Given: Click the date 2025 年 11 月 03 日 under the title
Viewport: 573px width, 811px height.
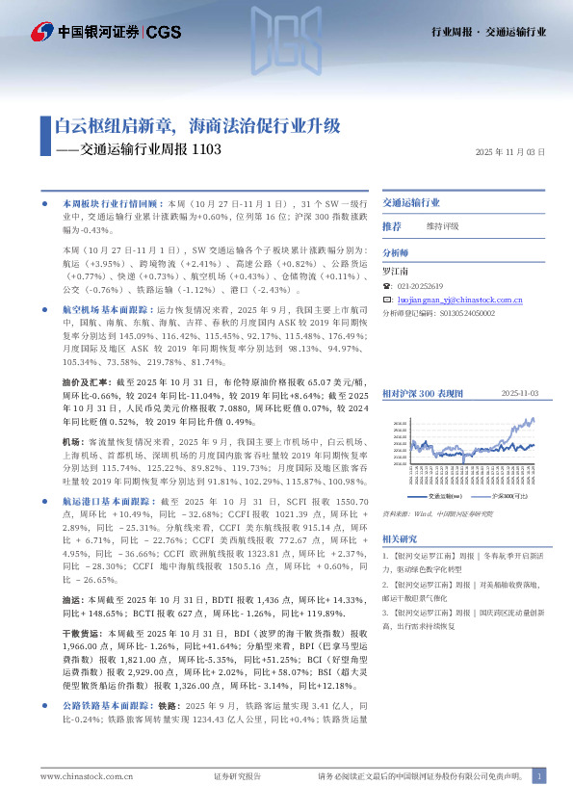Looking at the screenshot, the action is (510, 152).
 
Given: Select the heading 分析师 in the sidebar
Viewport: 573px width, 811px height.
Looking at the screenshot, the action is (397, 253).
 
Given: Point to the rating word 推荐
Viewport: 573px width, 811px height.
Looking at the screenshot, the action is (392, 225).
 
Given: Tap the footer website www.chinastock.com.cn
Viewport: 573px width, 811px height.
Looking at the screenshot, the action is (87, 775).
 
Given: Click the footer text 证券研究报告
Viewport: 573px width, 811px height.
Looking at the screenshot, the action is (237, 775).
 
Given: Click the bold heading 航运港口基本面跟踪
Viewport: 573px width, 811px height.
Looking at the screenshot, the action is (105, 502).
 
